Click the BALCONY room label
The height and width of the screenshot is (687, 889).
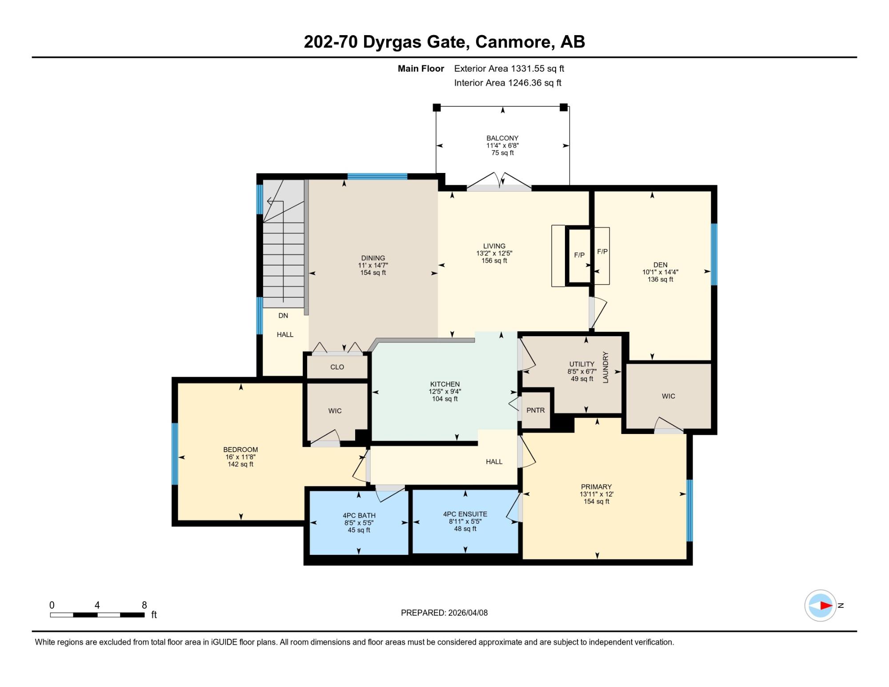click(x=502, y=138)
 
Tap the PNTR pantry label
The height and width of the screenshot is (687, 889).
click(x=535, y=410)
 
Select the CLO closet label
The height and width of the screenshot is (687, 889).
click(x=337, y=367)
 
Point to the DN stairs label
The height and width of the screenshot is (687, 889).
click(x=283, y=316)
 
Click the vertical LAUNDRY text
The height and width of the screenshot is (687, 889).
click(x=605, y=367)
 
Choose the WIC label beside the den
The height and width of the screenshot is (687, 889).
click(x=668, y=396)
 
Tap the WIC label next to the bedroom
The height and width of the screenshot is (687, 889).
click(x=335, y=411)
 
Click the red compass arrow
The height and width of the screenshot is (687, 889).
click(x=826, y=606)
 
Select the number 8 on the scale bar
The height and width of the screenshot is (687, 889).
click(x=144, y=605)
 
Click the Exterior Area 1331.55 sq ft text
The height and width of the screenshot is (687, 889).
click(x=509, y=68)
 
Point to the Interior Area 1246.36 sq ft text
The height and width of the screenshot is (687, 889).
click(x=508, y=83)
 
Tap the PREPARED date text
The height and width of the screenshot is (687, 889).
click(x=444, y=613)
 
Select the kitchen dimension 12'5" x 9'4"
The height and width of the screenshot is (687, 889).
click(x=445, y=392)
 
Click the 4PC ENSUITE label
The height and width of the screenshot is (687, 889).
click(x=465, y=514)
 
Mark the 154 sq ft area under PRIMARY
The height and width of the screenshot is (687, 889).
click(x=597, y=502)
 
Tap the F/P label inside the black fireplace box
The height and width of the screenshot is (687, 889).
click(x=579, y=255)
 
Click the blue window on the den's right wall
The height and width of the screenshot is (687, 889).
click(x=714, y=254)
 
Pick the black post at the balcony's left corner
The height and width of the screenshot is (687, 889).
click(x=436, y=107)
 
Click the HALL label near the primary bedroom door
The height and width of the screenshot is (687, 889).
click(x=494, y=462)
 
